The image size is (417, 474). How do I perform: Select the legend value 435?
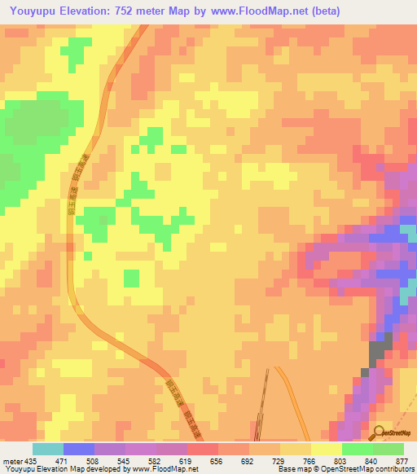coord(24,460)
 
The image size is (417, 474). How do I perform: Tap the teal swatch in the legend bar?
coord(48,449)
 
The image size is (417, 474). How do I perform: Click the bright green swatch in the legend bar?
coord(358,449)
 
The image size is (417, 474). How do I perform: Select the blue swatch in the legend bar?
coord(79,449)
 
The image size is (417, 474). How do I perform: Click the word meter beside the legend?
coord(9,460)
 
